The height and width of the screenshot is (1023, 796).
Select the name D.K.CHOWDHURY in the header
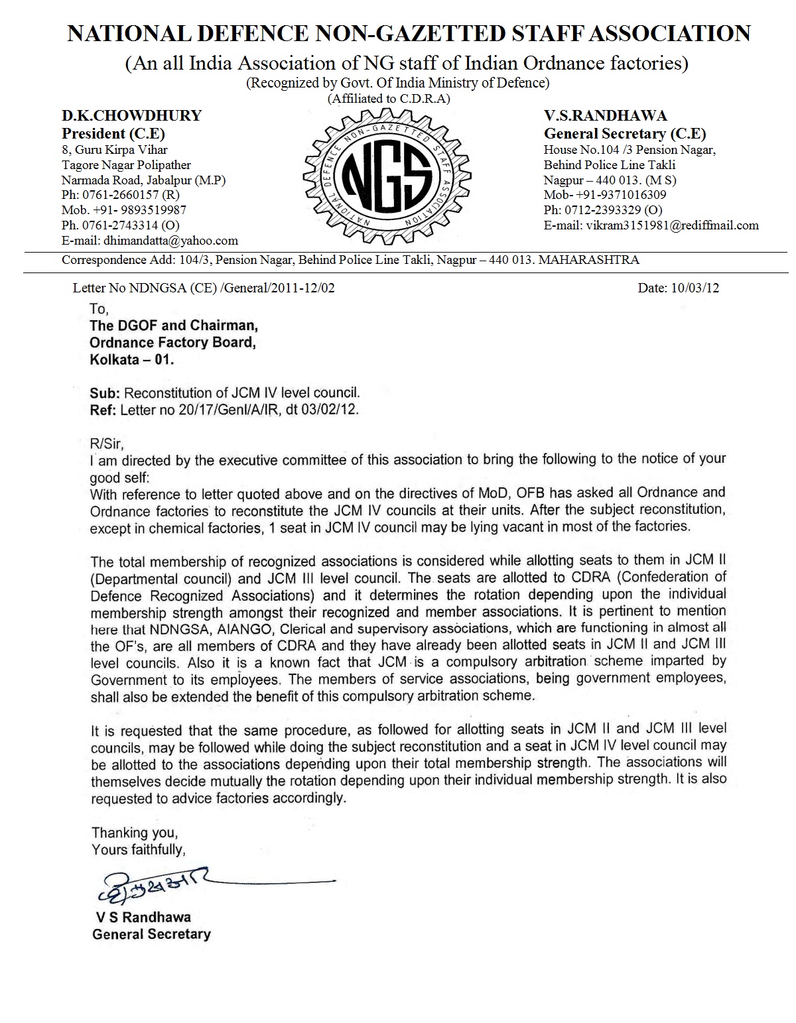point(131,116)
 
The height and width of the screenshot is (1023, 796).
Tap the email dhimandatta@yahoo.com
point(169,241)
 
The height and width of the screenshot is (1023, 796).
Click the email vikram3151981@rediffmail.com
point(671,225)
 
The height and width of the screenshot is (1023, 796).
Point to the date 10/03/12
point(696,288)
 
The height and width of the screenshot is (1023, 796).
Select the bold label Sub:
point(105,392)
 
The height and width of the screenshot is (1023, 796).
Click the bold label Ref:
point(103,410)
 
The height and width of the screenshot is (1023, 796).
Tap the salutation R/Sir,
point(107,443)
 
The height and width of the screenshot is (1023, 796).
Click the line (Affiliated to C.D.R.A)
point(389,99)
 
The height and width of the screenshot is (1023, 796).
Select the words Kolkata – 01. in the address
point(132,360)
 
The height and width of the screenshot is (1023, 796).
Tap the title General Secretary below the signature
point(151,934)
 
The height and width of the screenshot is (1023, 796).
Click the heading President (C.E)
point(113,133)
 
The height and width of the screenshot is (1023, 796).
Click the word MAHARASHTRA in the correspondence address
point(588,260)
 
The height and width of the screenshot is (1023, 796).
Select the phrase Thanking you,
point(135,833)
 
